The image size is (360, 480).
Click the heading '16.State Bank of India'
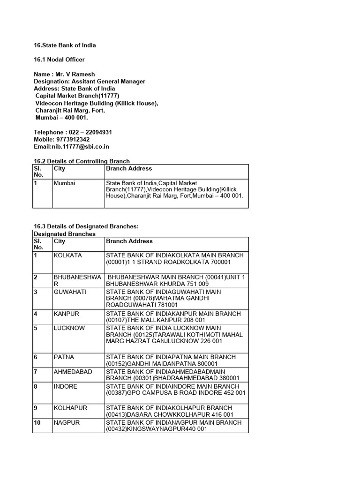click(x=65, y=45)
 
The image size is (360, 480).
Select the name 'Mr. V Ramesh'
click(x=75, y=74)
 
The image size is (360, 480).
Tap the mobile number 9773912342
click(x=71, y=139)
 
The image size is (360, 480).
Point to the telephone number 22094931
click(x=97, y=132)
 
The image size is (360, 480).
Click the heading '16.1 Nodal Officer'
click(x=59, y=60)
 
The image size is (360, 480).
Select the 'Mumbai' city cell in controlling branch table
click(x=65, y=183)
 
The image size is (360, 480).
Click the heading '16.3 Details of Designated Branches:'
click(x=86, y=226)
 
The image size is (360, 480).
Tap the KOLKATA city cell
click(x=68, y=255)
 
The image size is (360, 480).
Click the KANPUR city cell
click(x=67, y=314)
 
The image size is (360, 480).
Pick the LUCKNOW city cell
click(x=69, y=328)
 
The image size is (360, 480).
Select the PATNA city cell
click(x=65, y=357)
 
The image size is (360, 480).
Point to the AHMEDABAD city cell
click(x=73, y=372)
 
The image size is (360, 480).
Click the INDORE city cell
click(x=66, y=386)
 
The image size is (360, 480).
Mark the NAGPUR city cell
click(x=67, y=422)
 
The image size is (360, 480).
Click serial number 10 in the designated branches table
click(x=37, y=422)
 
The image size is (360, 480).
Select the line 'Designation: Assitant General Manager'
click(x=90, y=81)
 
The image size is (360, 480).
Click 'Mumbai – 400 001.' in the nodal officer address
click(x=62, y=118)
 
